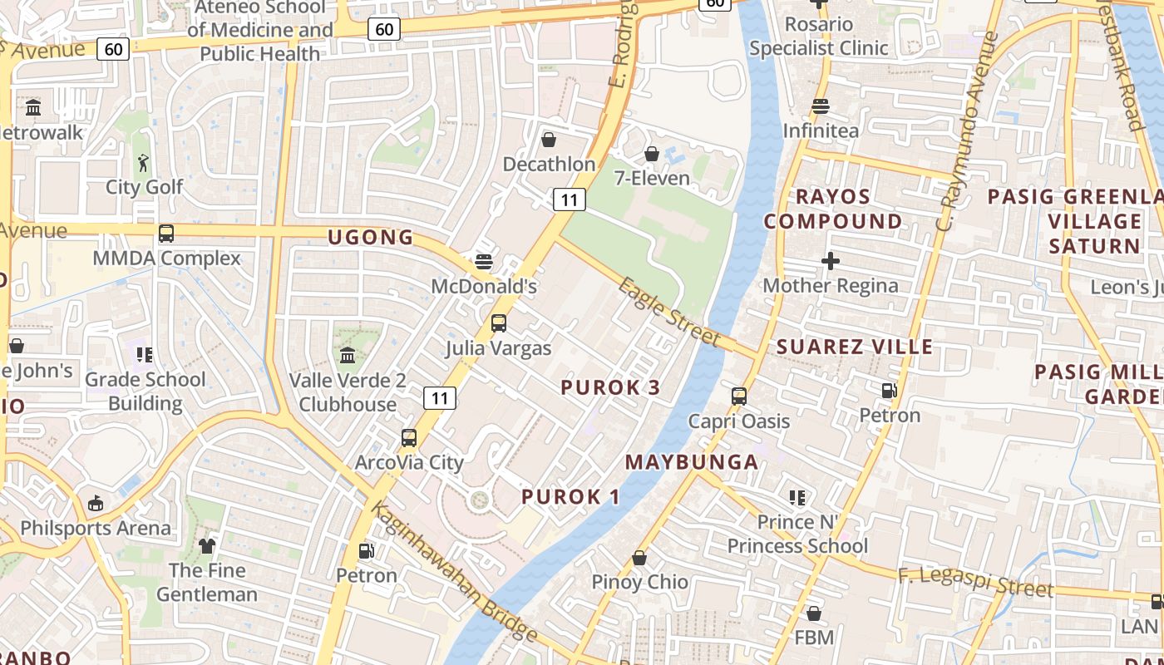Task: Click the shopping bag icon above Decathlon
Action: tap(549, 140)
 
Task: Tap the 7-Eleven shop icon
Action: tap(652, 155)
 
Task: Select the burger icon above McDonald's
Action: tap(484, 262)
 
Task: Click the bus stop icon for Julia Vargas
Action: tap(499, 323)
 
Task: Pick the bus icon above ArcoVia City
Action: tap(409, 437)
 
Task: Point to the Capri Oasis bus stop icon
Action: tap(739, 397)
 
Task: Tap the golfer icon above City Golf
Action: tap(144, 163)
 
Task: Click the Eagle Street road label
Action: tap(668, 311)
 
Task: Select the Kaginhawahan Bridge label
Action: tap(454, 574)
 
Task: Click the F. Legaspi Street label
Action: tap(975, 581)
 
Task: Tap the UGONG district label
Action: tap(371, 237)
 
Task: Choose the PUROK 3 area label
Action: tap(611, 387)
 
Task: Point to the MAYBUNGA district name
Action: tap(692, 462)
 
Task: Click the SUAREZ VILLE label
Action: tap(855, 347)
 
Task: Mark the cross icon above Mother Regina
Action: tap(830, 262)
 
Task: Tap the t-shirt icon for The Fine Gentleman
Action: tap(207, 546)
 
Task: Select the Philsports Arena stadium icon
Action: tap(96, 504)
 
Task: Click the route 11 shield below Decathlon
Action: tap(569, 199)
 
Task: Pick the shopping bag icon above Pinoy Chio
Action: tap(639, 558)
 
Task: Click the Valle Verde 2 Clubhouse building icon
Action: tap(348, 356)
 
